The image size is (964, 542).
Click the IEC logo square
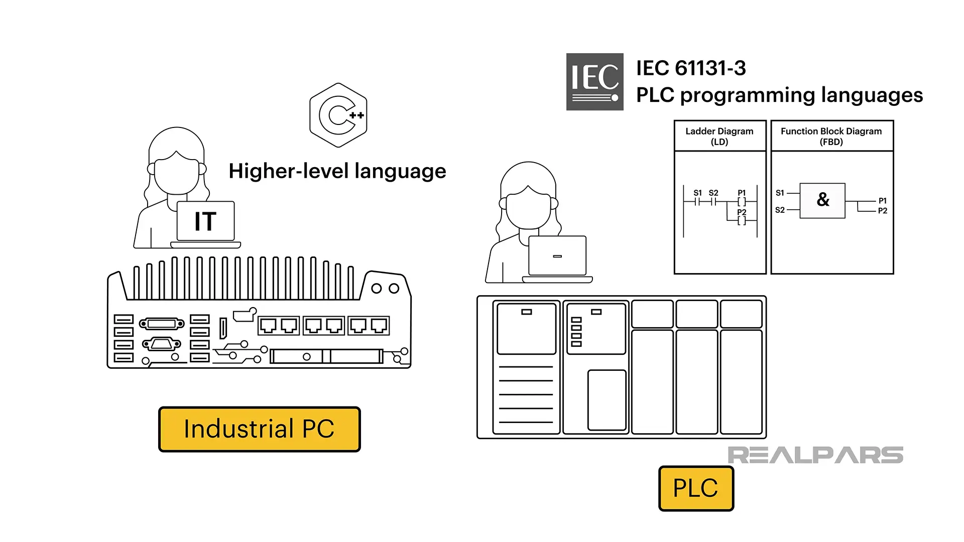[594, 82]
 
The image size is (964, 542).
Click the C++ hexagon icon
[338, 115]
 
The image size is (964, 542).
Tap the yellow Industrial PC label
[260, 429]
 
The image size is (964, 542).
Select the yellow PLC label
[696, 488]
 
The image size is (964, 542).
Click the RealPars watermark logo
[815, 455]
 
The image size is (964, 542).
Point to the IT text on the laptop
[205, 221]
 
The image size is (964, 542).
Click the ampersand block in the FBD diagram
[822, 200]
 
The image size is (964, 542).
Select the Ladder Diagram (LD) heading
[719, 136]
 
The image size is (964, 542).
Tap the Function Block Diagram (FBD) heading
[831, 136]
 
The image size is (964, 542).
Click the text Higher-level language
[337, 171]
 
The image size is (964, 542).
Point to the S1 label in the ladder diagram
[697, 193]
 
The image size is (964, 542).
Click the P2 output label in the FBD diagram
[882, 211]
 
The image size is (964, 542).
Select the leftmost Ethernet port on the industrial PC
[268, 326]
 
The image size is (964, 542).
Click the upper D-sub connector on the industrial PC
[162, 324]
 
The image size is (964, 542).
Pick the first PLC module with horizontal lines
[526, 367]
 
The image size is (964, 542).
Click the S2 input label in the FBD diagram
[780, 210]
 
